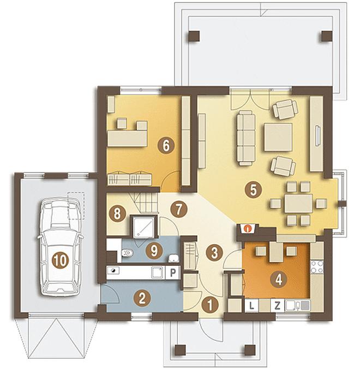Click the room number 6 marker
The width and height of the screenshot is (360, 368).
[166, 146]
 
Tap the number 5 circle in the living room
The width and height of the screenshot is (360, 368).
[253, 190]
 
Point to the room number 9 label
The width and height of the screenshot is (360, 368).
[154, 251]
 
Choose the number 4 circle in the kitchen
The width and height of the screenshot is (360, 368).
[279, 280]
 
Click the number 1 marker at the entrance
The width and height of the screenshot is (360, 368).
[210, 305]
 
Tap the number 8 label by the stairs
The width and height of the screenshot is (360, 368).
[117, 214]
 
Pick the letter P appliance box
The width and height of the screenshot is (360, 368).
[173, 272]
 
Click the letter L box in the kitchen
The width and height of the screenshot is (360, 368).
[251, 306]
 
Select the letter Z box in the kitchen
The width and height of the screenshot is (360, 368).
[278, 306]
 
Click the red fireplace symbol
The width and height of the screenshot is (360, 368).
[246, 228]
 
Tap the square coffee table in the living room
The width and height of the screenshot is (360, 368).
[278, 137]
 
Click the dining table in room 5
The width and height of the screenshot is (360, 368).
[298, 203]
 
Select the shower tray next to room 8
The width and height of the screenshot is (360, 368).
[143, 226]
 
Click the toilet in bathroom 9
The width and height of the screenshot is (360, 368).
[127, 253]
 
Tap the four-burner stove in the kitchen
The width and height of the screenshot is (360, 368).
[317, 267]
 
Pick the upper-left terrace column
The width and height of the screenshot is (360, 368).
[194, 37]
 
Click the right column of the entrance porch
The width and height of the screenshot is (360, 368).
[249, 350]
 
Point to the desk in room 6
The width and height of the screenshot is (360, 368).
[127, 138]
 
